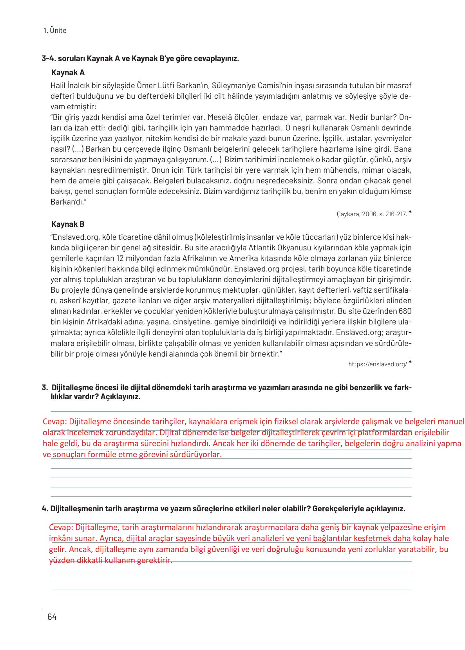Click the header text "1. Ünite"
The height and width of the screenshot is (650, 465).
[x=55, y=31]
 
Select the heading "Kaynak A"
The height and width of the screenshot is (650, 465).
[x=68, y=72]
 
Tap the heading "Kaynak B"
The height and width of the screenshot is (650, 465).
[x=68, y=224]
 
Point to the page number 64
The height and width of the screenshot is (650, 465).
[x=52, y=617]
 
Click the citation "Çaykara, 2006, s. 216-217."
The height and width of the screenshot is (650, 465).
[x=371, y=214]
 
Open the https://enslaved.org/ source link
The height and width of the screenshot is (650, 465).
[x=378, y=364]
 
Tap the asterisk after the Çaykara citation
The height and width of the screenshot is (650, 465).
[x=410, y=212]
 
